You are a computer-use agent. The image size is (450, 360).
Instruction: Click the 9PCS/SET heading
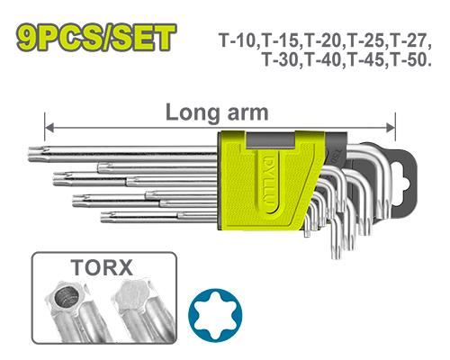[x=96, y=38]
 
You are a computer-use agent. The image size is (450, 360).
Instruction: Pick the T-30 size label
[x=282, y=59]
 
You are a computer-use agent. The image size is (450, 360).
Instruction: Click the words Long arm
[x=217, y=112]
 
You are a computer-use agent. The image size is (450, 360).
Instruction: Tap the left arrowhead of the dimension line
[x=49, y=128]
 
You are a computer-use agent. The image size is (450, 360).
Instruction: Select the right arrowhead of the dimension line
[x=391, y=128]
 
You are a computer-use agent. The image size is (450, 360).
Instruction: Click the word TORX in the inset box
[x=102, y=267]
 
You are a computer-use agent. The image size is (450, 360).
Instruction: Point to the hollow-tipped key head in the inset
[x=66, y=298]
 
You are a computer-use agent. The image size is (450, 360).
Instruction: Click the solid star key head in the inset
[x=133, y=295]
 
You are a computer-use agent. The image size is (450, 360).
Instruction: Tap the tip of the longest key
[x=30, y=154]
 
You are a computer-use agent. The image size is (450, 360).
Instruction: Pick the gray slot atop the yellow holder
[x=271, y=141]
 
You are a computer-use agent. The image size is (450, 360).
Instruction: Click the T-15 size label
[x=282, y=40]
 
